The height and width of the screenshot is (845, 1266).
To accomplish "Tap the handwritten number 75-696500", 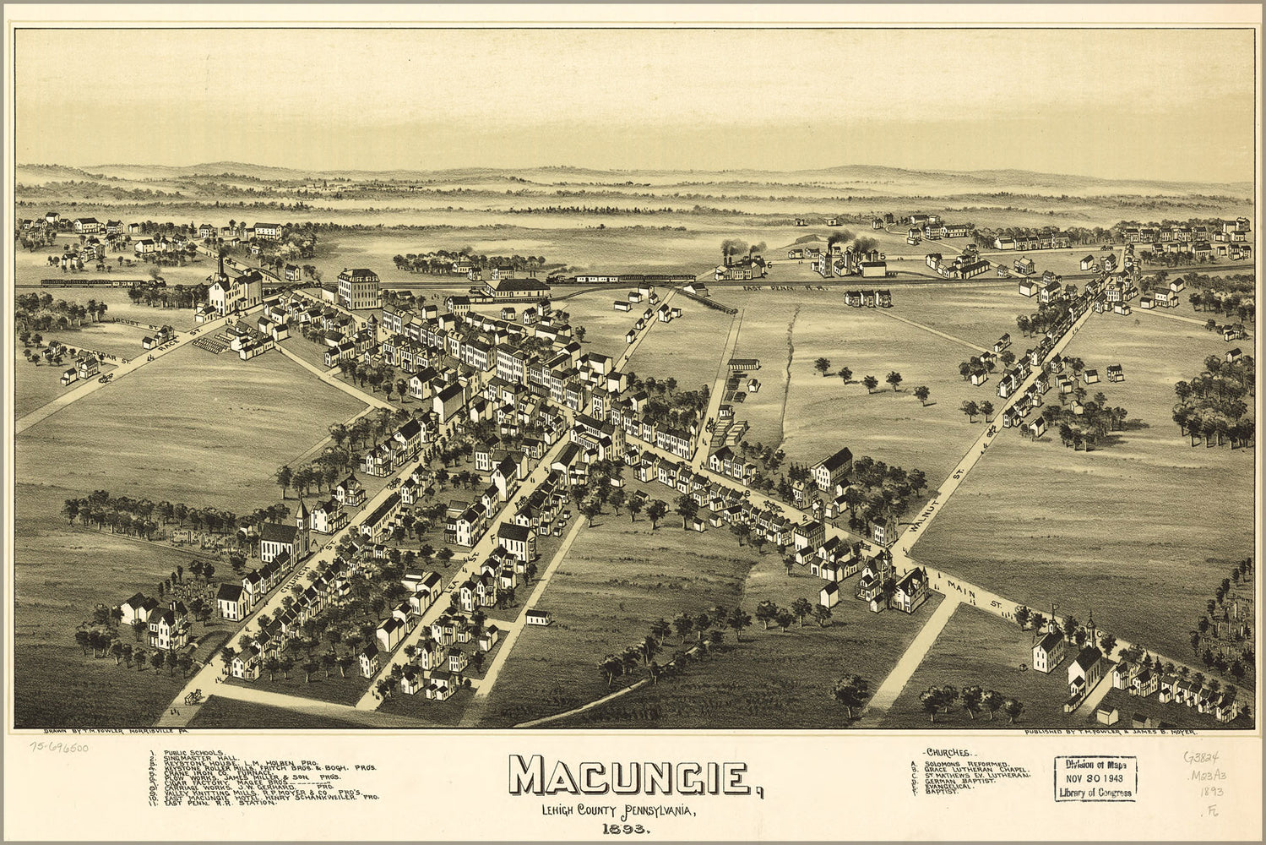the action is click(x=59, y=747).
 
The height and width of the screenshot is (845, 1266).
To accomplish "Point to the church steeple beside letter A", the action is click(x=302, y=512).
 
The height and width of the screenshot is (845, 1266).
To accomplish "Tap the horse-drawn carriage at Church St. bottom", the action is click(x=193, y=695).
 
